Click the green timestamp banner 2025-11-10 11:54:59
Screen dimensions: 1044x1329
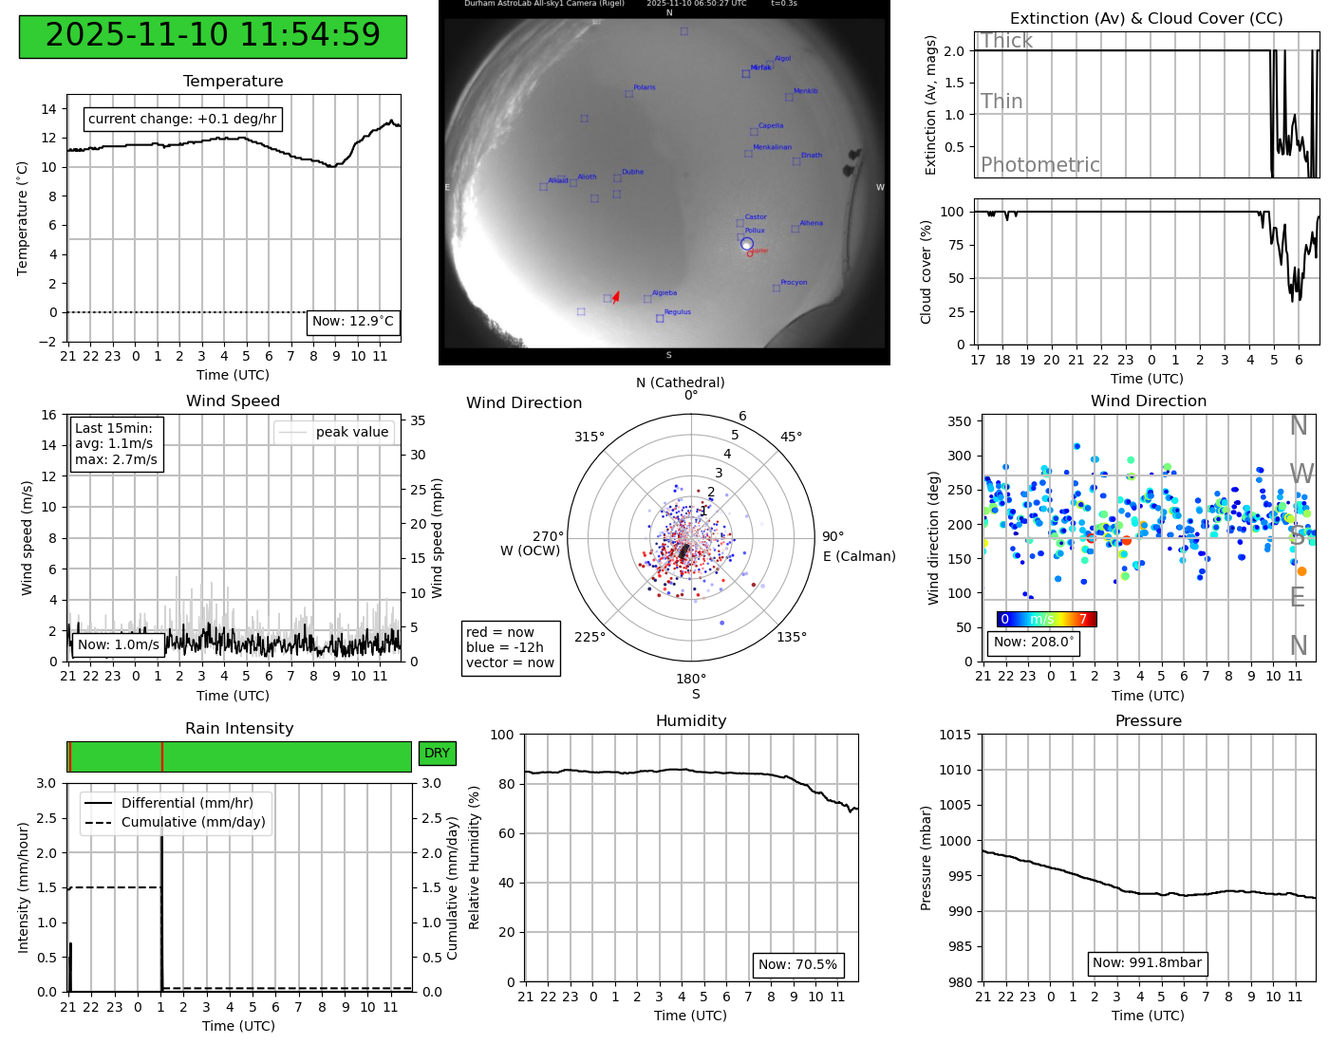pyautogui.click(x=213, y=36)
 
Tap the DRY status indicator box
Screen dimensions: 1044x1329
pyautogui.click(x=437, y=753)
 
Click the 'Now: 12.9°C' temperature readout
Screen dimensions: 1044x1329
pyautogui.click(x=353, y=322)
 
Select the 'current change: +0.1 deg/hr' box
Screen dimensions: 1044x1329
pyautogui.click(x=182, y=120)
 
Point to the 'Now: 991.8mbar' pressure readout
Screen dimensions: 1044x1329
pyautogui.click(x=1147, y=962)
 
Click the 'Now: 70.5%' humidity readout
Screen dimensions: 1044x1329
pyautogui.click(x=797, y=964)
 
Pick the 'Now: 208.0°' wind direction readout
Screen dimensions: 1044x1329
pyautogui.click(x=1034, y=642)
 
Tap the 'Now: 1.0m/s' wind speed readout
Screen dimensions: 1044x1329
pyautogui.click(x=119, y=644)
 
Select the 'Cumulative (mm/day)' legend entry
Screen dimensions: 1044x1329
pyautogui.click(x=193, y=822)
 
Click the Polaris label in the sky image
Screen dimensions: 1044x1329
pyautogui.click(x=644, y=87)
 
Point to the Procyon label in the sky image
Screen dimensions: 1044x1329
pyautogui.click(x=794, y=282)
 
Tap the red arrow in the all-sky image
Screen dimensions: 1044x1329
pyautogui.click(x=616, y=297)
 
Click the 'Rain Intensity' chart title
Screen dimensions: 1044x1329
pyautogui.click(x=239, y=728)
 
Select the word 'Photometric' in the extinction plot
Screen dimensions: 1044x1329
pyautogui.click(x=1039, y=164)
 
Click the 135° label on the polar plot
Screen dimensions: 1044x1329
pyautogui.click(x=792, y=637)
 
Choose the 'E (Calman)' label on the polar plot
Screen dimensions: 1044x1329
pyautogui.click(x=859, y=556)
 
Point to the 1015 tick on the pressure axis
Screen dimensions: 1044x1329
pyautogui.click(x=956, y=735)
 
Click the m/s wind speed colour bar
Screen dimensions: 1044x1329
pyautogui.click(x=1046, y=619)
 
